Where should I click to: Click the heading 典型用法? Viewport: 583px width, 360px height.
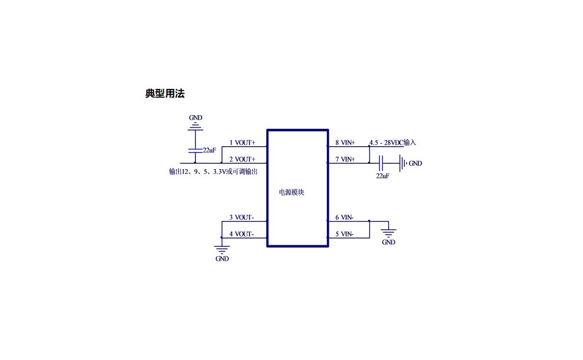tap(165, 94)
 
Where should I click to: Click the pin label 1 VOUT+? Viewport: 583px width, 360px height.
tap(242, 143)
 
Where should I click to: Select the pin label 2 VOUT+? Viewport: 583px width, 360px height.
tap(242, 159)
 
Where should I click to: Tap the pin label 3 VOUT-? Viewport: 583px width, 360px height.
tap(241, 218)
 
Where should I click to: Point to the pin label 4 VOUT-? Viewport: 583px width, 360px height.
tap(241, 234)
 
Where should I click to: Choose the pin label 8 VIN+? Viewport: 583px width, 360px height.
tap(345, 143)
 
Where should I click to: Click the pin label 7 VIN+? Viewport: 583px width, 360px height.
tap(345, 159)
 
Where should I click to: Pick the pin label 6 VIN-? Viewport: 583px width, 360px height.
tap(344, 218)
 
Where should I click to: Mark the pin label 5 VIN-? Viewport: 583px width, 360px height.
tap(344, 234)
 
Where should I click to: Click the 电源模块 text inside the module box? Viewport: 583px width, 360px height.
tap(291, 192)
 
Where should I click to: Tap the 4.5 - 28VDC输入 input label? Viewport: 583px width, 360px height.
tap(393, 143)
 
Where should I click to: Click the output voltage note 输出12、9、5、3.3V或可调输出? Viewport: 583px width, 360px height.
tap(213, 172)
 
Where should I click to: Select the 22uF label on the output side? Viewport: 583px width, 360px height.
tap(209, 150)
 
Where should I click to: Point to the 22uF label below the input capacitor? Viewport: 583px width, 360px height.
tap(382, 176)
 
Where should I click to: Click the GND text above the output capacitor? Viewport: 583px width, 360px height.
tap(195, 118)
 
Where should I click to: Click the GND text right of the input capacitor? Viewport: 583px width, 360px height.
tap(415, 164)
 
